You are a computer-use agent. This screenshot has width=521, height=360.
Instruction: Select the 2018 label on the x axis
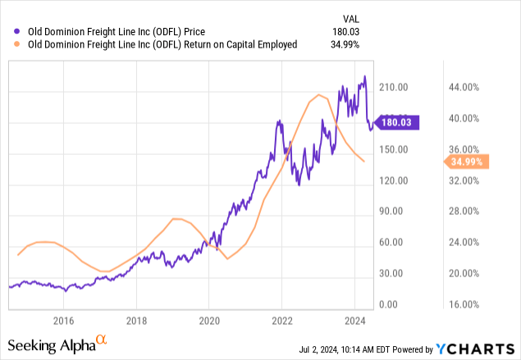click(x=136, y=320)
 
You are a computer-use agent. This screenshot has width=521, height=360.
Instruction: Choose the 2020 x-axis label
click(x=209, y=320)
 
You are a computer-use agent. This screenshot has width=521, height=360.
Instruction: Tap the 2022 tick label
click(x=282, y=320)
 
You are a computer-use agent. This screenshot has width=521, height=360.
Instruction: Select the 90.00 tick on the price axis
click(x=398, y=211)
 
